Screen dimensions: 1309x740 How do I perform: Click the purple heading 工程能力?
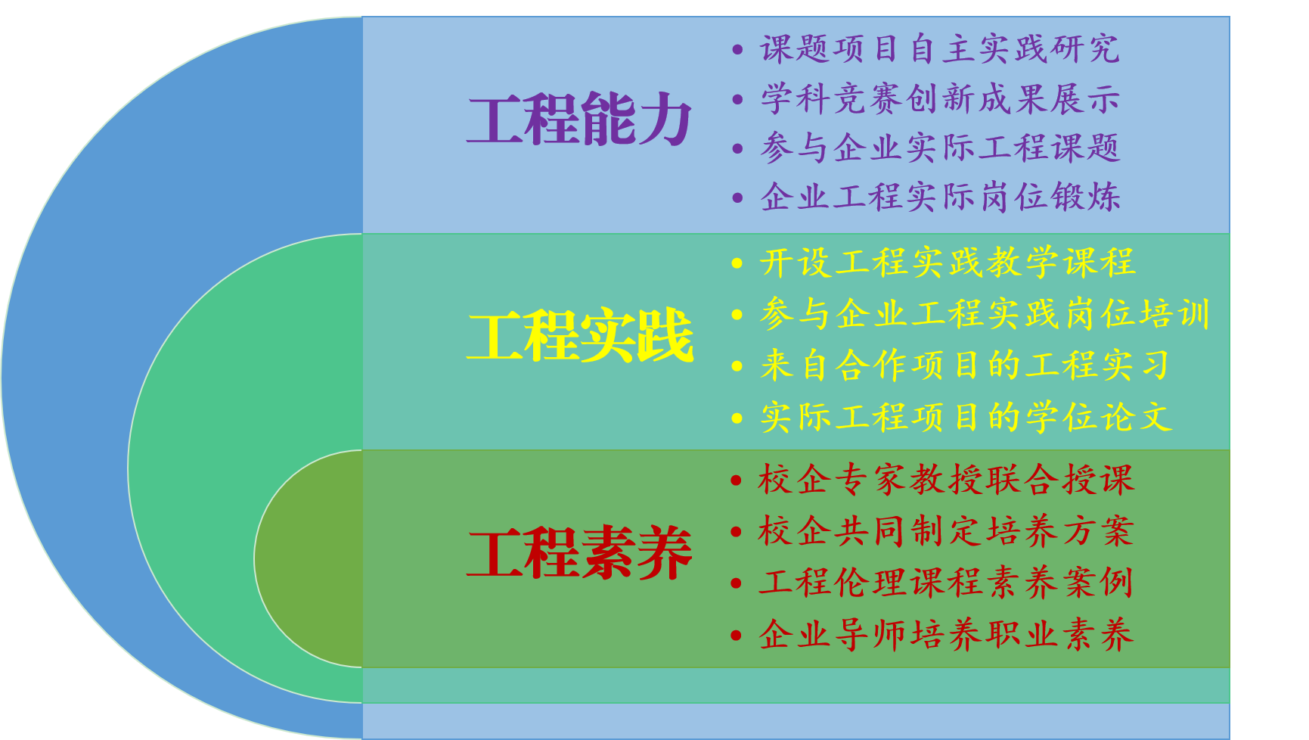coord(579,119)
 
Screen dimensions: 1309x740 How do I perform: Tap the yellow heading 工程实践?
coord(579,336)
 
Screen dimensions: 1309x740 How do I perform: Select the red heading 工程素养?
coord(579,554)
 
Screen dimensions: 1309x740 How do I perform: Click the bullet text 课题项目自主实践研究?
coord(940,49)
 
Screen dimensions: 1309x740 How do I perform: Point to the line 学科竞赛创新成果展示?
coord(940,99)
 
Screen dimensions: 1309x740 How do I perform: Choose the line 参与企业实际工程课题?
coord(940,148)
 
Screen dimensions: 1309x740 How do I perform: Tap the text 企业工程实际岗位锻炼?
coord(940,197)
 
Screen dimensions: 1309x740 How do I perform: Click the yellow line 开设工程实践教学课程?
coord(948,263)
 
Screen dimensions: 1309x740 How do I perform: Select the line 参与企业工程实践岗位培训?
coord(985,314)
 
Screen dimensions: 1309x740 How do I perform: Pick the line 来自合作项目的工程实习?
coord(966,365)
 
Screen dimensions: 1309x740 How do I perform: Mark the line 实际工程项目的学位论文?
coord(966,417)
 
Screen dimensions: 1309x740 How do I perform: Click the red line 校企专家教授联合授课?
coord(946,480)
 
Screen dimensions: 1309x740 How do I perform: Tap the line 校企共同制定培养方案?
coord(946,531)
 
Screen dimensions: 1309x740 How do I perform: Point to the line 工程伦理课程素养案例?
coord(946,583)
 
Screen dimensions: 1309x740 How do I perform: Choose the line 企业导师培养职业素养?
coord(946,634)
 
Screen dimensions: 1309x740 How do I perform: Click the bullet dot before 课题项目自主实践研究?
coord(737,51)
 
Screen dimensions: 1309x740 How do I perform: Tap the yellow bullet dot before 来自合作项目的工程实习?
coord(737,367)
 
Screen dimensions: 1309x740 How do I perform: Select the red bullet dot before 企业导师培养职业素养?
coord(736,636)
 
